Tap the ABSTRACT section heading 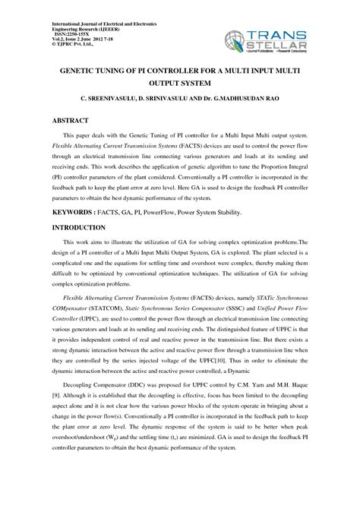coord(73,121)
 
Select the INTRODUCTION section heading coord(78,228)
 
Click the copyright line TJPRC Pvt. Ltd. coord(74,46)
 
